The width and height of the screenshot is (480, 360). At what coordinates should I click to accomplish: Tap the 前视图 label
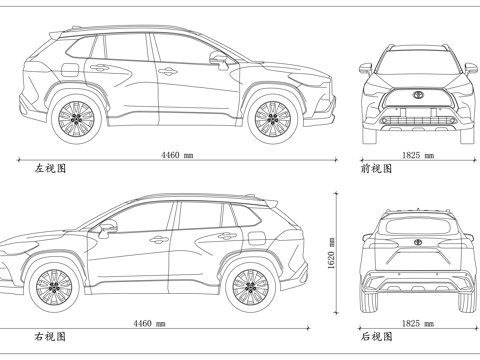coord(376,169)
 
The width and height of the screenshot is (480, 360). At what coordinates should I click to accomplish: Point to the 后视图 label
coord(376,337)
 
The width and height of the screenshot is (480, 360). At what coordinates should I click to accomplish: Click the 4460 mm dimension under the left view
coord(177,155)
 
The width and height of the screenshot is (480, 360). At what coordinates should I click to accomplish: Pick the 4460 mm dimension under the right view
coord(149,323)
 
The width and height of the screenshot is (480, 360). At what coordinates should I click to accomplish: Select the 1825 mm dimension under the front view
coord(417,155)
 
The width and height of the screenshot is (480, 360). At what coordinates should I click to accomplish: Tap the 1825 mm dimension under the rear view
coord(417,323)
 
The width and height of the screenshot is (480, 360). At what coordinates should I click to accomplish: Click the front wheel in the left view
coord(271,117)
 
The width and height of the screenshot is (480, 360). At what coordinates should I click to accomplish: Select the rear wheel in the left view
coord(75,117)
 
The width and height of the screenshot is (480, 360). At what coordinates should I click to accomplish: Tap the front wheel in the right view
coord(54,287)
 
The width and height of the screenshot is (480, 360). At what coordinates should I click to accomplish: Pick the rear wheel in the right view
coord(250,287)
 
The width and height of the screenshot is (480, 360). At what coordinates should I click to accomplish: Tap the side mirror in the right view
coord(107,228)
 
